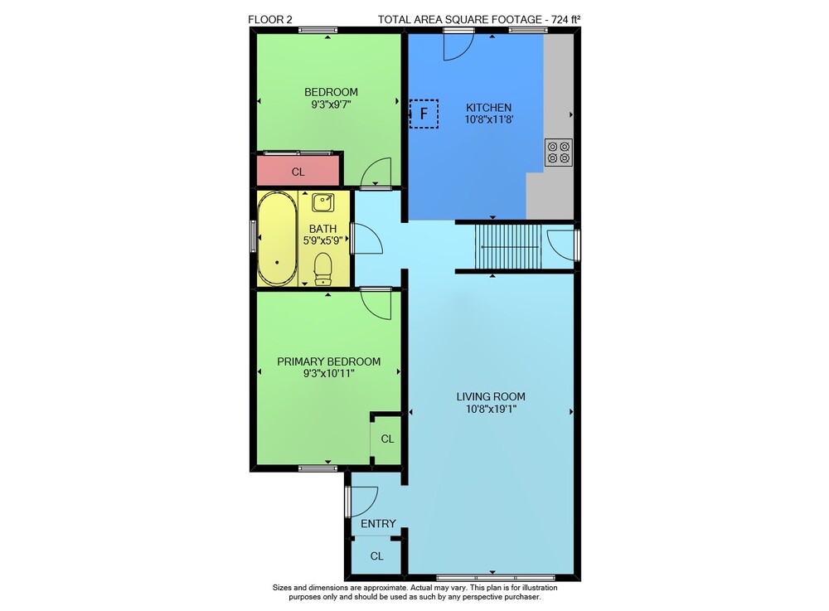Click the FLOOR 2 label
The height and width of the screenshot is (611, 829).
[x=269, y=20]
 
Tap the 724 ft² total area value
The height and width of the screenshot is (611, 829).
[x=565, y=20]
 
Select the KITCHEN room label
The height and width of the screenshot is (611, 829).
[x=489, y=108]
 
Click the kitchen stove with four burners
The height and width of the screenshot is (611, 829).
[x=559, y=153]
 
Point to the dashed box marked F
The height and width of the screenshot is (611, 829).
[x=424, y=114]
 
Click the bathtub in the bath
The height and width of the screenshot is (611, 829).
[x=277, y=239]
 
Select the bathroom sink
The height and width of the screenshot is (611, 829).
[x=323, y=203]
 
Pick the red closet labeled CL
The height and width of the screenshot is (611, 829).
[x=298, y=172]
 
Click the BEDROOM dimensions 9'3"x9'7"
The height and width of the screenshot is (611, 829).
[x=331, y=104]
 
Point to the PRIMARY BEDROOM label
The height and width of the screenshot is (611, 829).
[x=329, y=361]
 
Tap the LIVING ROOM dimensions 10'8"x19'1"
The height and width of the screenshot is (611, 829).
[x=491, y=409]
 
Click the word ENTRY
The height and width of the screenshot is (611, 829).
[x=378, y=524]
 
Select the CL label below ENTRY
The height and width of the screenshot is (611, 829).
[x=377, y=556]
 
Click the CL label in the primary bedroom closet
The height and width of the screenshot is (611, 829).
[x=387, y=439]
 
